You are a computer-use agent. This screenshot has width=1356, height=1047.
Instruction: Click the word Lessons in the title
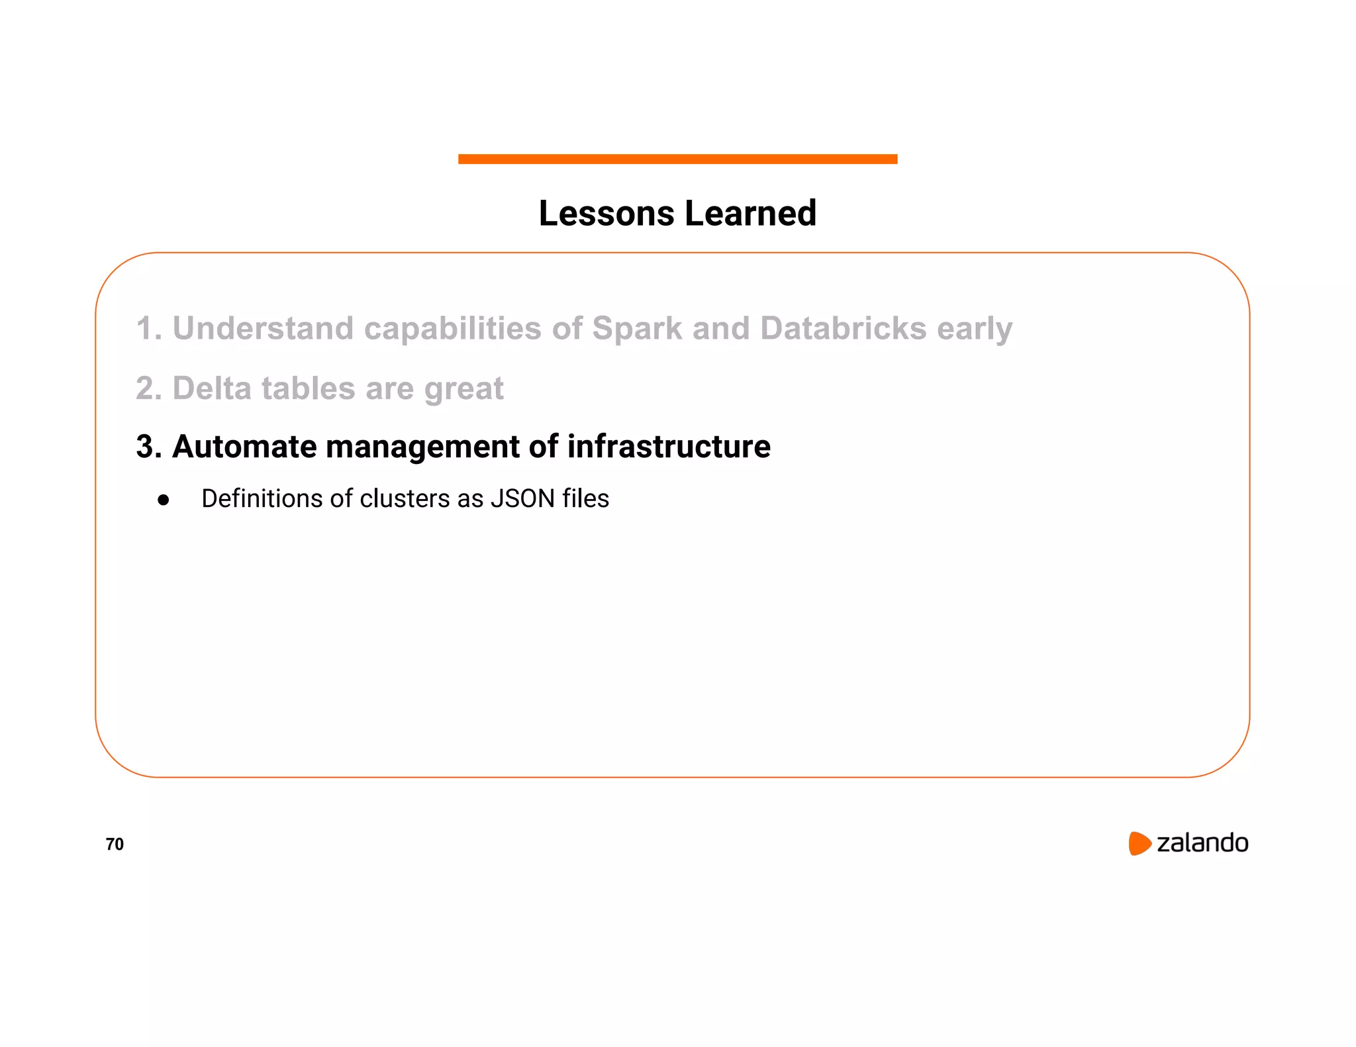pos(606,214)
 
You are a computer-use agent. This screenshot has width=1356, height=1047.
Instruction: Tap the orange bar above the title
pos(677,159)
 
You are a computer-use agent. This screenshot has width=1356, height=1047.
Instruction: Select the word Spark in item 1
pos(637,329)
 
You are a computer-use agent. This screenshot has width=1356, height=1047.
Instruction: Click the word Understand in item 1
pos(263,329)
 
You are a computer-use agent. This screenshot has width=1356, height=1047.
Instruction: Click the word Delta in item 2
pos(212,388)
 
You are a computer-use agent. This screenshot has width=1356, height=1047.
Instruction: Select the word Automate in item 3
pos(244,447)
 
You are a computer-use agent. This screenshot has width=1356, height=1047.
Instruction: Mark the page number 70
pos(115,844)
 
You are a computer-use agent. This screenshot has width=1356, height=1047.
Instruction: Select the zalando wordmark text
pos(1202,843)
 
